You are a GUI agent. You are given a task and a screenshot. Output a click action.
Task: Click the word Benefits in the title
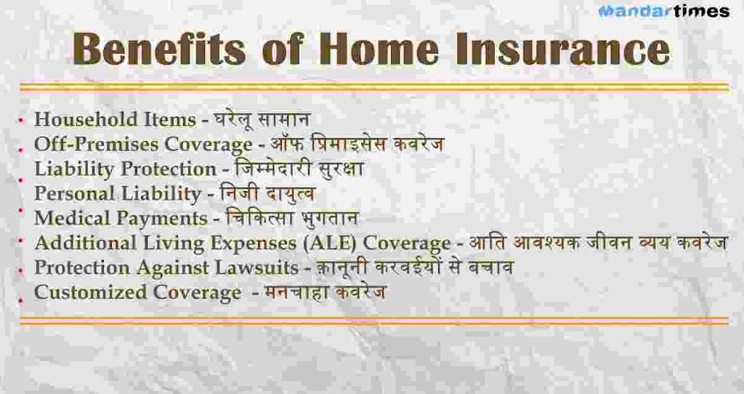pyautogui.click(x=160, y=49)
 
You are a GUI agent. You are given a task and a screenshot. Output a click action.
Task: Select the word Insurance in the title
pyautogui.click(x=562, y=49)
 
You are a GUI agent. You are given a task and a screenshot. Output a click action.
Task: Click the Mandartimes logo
pyautogui.click(x=664, y=11)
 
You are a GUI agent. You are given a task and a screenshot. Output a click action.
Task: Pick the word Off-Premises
pyautogui.click(x=95, y=145)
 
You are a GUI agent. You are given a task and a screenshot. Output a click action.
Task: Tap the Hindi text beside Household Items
pyautogui.click(x=262, y=119)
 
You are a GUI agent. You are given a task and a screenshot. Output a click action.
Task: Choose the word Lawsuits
pyautogui.click(x=257, y=268)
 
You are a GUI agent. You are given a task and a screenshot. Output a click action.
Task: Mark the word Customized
pyautogui.click(x=90, y=292)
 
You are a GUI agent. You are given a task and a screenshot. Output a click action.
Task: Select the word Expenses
pyautogui.click(x=254, y=244)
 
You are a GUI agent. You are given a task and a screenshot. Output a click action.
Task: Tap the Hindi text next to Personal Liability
pyautogui.click(x=267, y=193)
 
